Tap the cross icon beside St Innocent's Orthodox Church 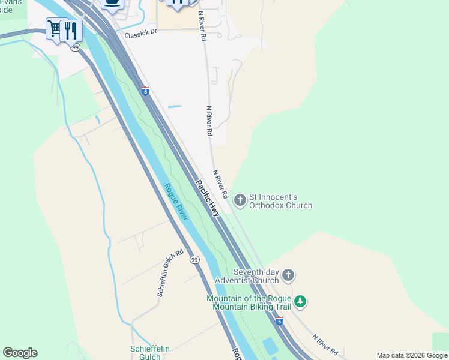pyautogui.click(x=240, y=200)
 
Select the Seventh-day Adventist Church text pyautogui.click(x=247, y=276)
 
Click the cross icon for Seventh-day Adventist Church pyautogui.click(x=288, y=275)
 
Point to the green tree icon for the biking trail pyautogui.click(x=300, y=302)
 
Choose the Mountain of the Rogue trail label pyautogui.click(x=249, y=302)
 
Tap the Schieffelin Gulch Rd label pyautogui.click(x=170, y=273)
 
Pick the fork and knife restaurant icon pyautogui.click(x=71, y=29)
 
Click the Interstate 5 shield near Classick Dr pyautogui.click(x=145, y=91)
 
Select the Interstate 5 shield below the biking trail pyautogui.click(x=279, y=321)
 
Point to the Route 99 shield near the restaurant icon pyautogui.click(x=75, y=47)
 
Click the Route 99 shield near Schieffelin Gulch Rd pyautogui.click(x=194, y=259)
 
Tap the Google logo pyautogui.click(x=20, y=353)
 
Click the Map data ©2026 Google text pyautogui.click(x=412, y=355)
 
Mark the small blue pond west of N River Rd pyautogui.click(x=175, y=107)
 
